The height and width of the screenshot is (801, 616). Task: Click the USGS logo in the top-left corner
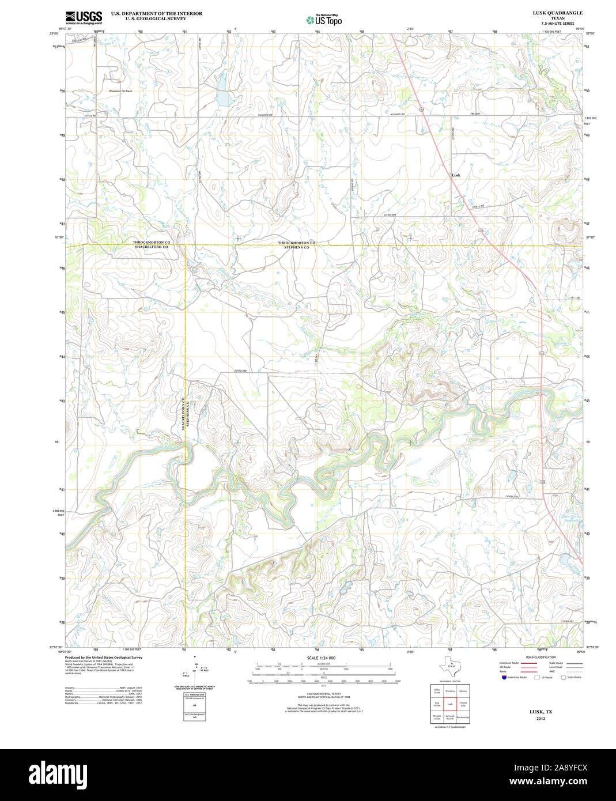pyautogui.click(x=84, y=17)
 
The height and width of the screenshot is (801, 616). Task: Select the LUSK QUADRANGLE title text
pyautogui.click(x=557, y=13)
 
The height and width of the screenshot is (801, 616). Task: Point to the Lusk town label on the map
pyautogui.click(x=456, y=175)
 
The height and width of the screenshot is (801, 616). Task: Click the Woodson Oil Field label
pyautogui.click(x=120, y=91)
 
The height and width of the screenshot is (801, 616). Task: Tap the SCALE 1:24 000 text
pyautogui.click(x=321, y=658)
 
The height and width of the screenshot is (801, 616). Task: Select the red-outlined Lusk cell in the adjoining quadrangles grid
pyautogui.click(x=450, y=704)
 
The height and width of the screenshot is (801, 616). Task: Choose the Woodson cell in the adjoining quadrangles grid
pyautogui.click(x=450, y=690)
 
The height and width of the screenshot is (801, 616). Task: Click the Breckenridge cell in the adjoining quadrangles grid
pyautogui.click(x=463, y=717)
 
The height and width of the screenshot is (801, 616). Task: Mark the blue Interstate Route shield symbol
pyautogui.click(x=504, y=678)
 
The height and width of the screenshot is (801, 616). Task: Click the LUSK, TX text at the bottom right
pyautogui.click(x=541, y=712)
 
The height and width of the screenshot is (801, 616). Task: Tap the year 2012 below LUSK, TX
pyautogui.click(x=541, y=719)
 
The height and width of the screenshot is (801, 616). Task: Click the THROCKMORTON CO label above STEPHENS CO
pyautogui.click(x=297, y=243)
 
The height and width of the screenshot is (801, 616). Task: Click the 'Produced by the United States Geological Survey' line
pyautogui.click(x=104, y=658)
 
